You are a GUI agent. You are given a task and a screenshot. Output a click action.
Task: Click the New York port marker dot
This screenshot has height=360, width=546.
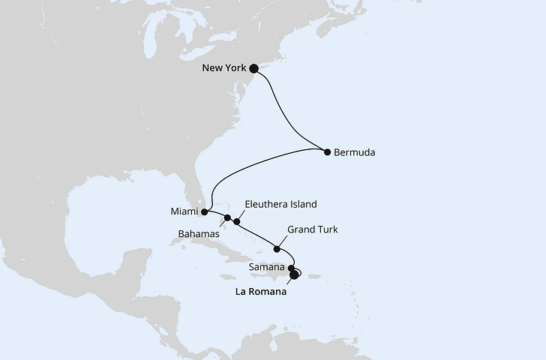[253, 68]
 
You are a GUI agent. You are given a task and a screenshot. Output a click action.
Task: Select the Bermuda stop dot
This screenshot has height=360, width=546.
[327, 152]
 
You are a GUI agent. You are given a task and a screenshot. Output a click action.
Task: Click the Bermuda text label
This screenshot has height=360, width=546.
[355, 152]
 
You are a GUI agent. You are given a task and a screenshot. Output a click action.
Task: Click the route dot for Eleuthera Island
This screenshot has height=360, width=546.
[237, 221]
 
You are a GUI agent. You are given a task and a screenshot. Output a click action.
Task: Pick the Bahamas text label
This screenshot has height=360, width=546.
[198, 235]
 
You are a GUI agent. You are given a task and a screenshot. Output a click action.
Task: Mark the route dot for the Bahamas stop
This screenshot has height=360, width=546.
[228, 217]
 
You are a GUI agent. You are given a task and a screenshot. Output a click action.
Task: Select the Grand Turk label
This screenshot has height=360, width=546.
[313, 230]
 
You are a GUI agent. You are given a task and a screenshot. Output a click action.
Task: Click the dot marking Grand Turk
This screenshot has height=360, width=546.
[277, 249]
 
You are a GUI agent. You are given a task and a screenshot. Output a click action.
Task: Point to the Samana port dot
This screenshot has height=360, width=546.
[291, 268]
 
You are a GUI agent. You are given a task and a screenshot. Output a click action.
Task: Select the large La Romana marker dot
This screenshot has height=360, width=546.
[294, 274]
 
